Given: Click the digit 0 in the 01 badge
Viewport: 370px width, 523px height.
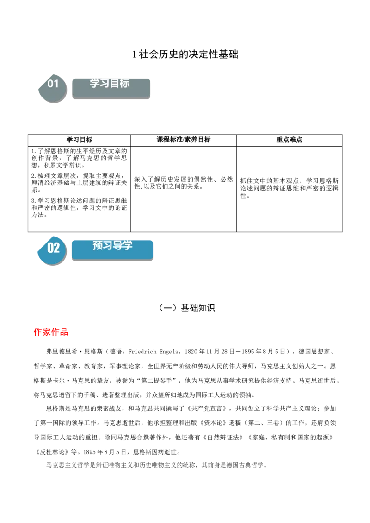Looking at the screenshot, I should click(50, 84).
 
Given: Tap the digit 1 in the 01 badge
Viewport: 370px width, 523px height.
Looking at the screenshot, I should click(56, 84).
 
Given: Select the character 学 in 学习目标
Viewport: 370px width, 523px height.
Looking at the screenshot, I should click(95, 83).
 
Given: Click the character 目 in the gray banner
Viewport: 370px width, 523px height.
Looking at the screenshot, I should click(115, 83).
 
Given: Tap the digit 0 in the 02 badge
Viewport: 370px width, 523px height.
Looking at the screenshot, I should click(50, 248).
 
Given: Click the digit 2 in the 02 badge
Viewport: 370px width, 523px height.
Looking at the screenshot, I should click(57, 248).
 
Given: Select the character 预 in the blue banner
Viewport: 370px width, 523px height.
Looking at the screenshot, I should click(98, 245).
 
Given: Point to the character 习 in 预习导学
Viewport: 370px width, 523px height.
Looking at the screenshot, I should click(108, 245).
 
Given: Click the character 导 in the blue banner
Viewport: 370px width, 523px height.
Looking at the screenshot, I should click(118, 245).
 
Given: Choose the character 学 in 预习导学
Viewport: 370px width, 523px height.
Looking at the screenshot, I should click(128, 245).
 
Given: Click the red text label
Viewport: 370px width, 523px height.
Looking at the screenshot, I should click(51, 332).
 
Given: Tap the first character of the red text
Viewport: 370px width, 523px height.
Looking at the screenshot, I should click(37, 332).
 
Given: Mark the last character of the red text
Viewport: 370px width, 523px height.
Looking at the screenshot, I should click(65, 332).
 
